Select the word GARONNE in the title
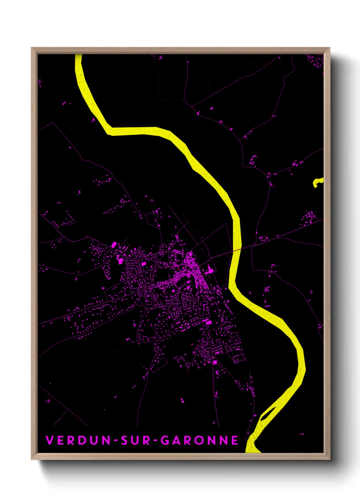tap(199, 440)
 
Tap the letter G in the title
tap(165, 440)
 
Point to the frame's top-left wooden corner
tap(34, 50)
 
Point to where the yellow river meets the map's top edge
tap(78, 55)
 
